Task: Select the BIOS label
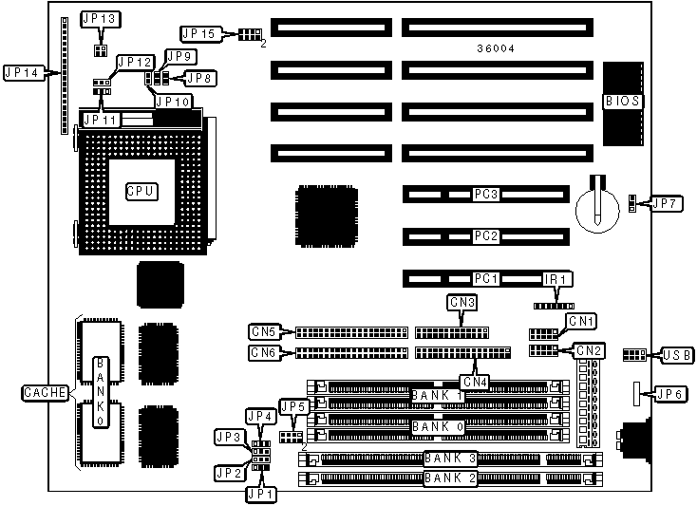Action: pyautogui.click(x=622, y=101)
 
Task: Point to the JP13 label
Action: pyautogui.click(x=99, y=19)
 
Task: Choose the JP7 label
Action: pyautogui.click(x=662, y=203)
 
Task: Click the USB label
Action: pyautogui.click(x=676, y=354)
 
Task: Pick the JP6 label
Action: pyautogui.click(x=669, y=394)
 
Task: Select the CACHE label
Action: pyautogui.click(x=45, y=392)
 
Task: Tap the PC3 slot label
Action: pyautogui.click(x=486, y=194)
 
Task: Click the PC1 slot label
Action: pyautogui.click(x=486, y=279)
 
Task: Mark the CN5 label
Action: pyautogui.click(x=263, y=332)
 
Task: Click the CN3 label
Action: pyautogui.click(x=462, y=303)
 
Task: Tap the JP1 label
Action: pyautogui.click(x=260, y=493)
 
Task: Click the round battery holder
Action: pyautogui.click(x=598, y=203)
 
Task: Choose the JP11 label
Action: pyautogui.click(x=101, y=121)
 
